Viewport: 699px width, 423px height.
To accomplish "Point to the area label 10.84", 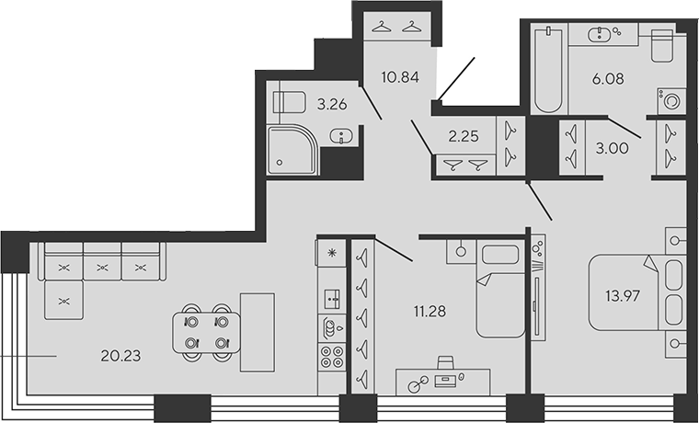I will pos(400,77).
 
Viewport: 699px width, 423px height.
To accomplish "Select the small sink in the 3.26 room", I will pos(344,138).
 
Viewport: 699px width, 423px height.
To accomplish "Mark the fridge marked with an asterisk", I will pos(331,252).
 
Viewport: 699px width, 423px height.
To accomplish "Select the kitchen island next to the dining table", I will pos(257,332).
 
